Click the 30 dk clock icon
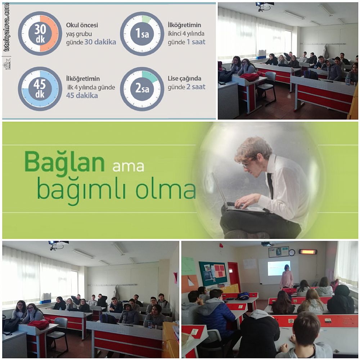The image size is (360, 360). (40, 33)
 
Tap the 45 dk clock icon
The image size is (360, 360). (40, 89)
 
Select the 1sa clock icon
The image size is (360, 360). (142, 33)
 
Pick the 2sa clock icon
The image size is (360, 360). (142, 89)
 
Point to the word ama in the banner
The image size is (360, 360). (128, 166)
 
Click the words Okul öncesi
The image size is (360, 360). (82, 25)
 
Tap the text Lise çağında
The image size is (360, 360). (184, 79)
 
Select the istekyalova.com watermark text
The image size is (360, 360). (7, 27)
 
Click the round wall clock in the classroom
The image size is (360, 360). (292, 252)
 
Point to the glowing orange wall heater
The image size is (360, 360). (308, 252)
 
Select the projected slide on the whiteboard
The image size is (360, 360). (279, 268)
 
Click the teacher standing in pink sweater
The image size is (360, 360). (287, 276)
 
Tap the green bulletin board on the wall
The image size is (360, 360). (213, 274)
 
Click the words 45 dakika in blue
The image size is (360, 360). (82, 95)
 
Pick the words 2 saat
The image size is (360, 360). (196, 87)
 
